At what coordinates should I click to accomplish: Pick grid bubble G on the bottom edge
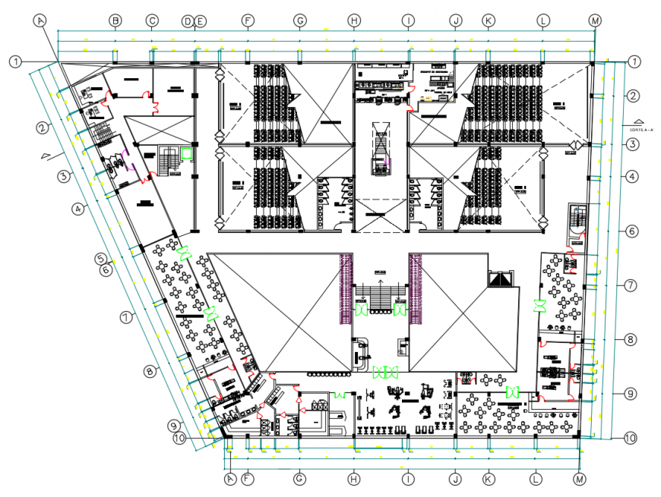pyautogui.click(x=299, y=479)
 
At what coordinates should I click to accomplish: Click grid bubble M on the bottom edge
pyautogui.click(x=580, y=479)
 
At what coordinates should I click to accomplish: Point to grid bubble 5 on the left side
pyautogui.click(x=101, y=259)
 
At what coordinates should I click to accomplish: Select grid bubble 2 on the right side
pyautogui.click(x=631, y=96)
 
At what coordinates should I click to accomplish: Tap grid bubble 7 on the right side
pyautogui.click(x=630, y=286)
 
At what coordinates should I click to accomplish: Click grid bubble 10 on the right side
pyautogui.click(x=630, y=438)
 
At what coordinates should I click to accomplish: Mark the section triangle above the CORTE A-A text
pyautogui.click(x=638, y=121)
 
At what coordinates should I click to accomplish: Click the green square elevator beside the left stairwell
pyautogui.click(x=186, y=152)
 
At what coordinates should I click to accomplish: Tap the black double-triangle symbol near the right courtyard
pyautogui.click(x=498, y=280)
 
